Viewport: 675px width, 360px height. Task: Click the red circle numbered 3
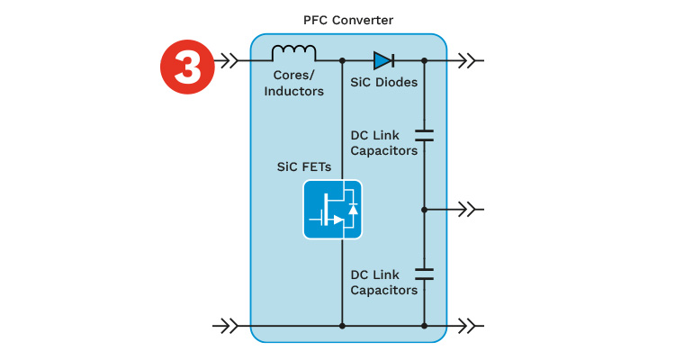coord(187,67)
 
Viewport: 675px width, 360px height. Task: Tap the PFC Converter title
coord(348,20)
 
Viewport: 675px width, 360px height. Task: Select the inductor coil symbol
coord(294,52)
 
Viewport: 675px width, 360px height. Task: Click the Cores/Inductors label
coord(294,83)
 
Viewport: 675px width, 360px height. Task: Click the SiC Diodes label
coord(384,82)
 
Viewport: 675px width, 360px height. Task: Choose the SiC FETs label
coord(304,166)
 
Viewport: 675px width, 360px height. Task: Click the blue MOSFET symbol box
coord(332,210)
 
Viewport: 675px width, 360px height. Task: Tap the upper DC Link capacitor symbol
coord(424,135)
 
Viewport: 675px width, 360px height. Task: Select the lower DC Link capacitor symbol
coord(424,274)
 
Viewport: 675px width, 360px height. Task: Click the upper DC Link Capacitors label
coord(384,143)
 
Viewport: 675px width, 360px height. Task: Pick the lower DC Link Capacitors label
coord(384,283)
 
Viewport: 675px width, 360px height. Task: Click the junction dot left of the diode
coord(342,60)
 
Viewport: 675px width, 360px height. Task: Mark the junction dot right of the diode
coord(424,60)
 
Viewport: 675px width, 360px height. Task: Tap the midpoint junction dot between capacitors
coord(424,210)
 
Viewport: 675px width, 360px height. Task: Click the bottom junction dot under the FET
coord(342,326)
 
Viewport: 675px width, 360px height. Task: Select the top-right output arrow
coord(468,60)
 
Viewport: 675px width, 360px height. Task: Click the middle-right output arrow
coord(468,210)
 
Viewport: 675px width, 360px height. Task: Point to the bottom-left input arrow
coord(225,326)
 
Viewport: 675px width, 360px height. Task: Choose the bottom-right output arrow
coord(468,326)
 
